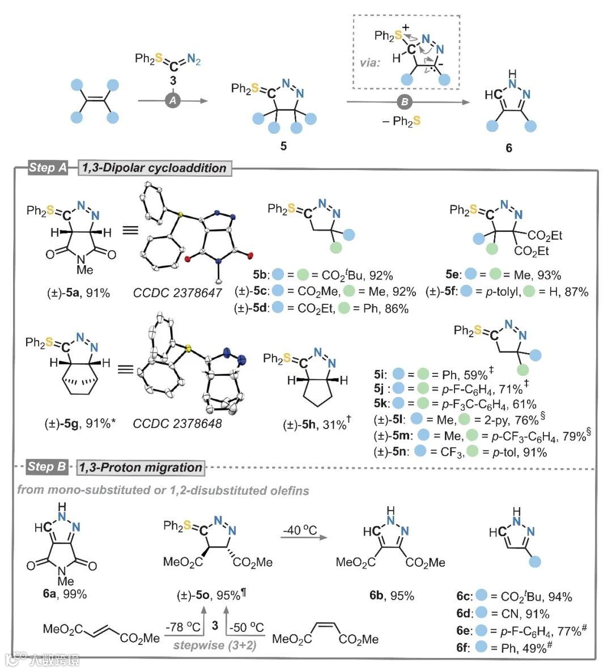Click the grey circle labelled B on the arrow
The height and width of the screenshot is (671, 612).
[405, 102]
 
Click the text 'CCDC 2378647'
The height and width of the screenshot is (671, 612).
[178, 292]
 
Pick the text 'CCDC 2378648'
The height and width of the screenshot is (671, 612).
[177, 423]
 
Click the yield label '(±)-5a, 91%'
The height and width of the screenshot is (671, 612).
[78, 292]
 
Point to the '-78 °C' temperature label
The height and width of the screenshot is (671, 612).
[184, 627]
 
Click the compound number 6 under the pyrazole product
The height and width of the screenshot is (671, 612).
[509, 148]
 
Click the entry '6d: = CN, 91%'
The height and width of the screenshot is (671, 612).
[503, 614]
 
